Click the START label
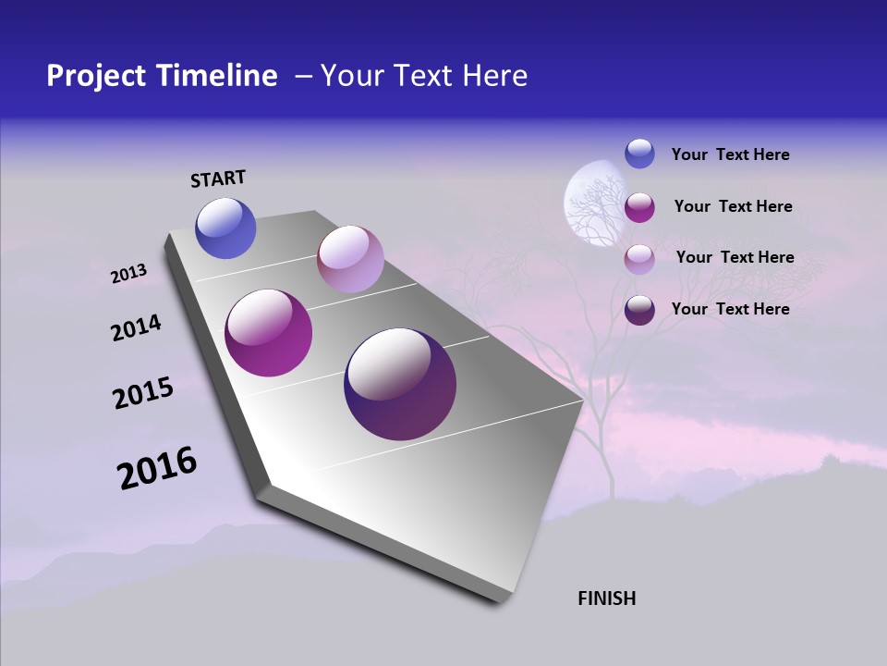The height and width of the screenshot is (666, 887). coord(218,179)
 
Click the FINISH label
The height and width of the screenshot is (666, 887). coord(606,598)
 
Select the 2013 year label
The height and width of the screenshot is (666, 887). coord(128,274)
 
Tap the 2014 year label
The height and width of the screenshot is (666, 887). coord(136,328)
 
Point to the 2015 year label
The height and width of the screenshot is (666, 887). coord(142,393)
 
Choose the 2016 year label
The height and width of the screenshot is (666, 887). coord(157,468)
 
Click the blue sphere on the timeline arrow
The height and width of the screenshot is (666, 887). coord(225,228)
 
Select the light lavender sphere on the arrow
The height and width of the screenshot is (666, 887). coord(350,259)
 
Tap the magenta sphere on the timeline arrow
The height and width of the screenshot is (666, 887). coord(269,333)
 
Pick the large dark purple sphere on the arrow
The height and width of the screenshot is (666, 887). coord(399,384)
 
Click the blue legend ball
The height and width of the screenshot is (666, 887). coord(639,154)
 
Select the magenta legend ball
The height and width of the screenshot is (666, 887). coord(639,207)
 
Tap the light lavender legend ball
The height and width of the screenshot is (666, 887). coord(639,259)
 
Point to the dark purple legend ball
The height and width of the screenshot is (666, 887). coord(639,310)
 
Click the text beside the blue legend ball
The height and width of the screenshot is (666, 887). coord(730,154)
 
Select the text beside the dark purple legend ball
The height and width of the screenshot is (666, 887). coord(730,309)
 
